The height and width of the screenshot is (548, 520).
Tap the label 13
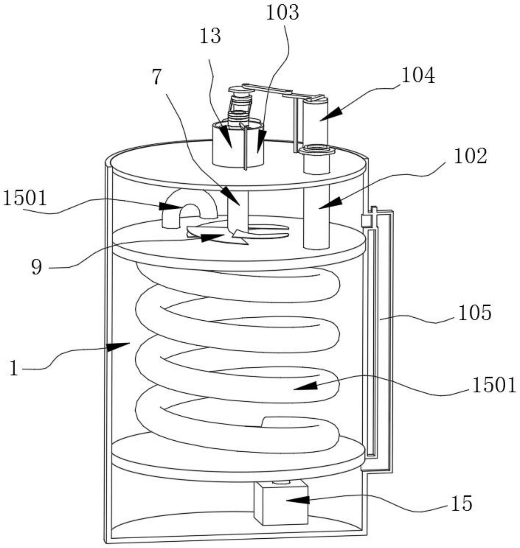210,36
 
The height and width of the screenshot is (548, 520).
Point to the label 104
418,76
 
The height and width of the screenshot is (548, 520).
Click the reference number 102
470,156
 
